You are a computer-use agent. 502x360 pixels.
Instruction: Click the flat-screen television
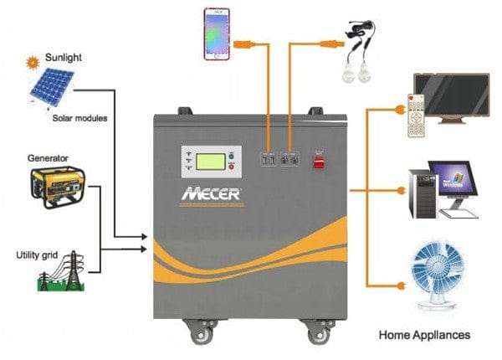click(451, 99)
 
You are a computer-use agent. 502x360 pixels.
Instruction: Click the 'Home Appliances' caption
click(424, 335)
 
